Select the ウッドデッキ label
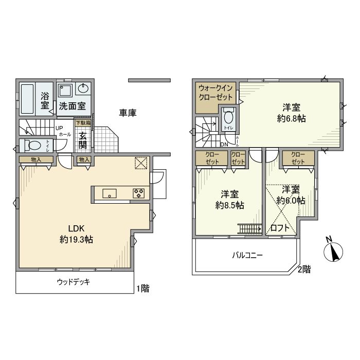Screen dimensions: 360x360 (x=73, y=282)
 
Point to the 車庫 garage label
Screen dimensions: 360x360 (x=128, y=113)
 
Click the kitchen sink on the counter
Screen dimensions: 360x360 (x=110, y=193)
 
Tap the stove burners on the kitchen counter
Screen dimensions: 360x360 (x=139, y=193)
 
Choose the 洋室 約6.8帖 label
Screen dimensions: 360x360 (x=292, y=113)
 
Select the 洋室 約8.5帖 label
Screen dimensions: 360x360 (x=229, y=200)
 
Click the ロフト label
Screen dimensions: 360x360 (x=280, y=227)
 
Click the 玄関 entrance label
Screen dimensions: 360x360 (x=82, y=140)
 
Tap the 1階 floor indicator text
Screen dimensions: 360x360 (x=142, y=289)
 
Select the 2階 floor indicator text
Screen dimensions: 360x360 (x=304, y=268)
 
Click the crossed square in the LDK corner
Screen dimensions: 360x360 (x=141, y=163)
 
